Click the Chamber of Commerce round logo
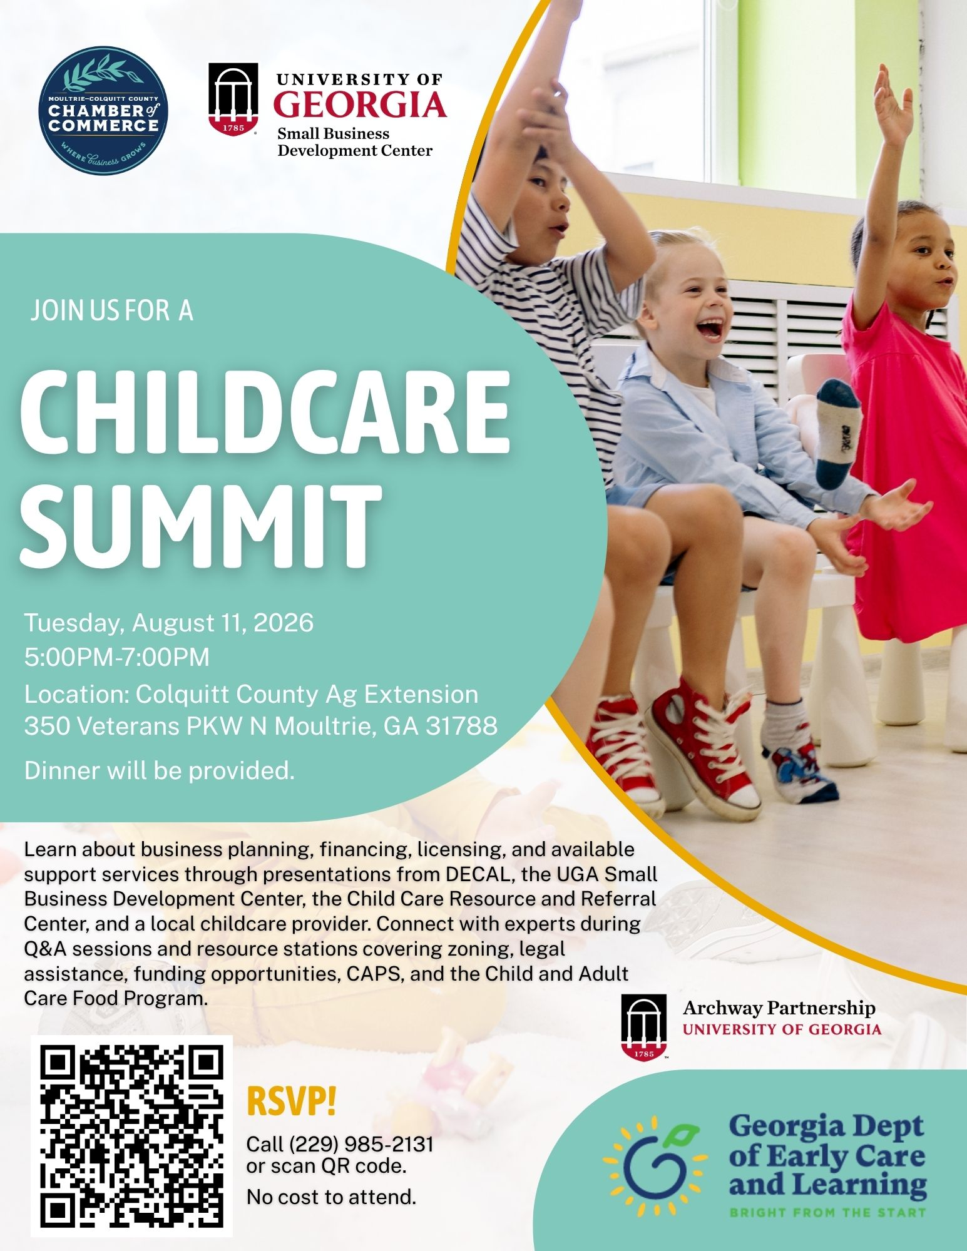103,111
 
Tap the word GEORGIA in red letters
360,105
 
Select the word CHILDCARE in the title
265,414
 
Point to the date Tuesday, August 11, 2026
168,623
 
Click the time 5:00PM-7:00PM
117,657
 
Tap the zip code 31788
462,726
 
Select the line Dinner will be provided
160,770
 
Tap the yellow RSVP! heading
292,1102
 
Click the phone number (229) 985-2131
361,1144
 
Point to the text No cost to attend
331,1197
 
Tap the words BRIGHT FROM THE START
827,1213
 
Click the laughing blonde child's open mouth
712,329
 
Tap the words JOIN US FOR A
111,311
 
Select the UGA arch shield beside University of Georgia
233,98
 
